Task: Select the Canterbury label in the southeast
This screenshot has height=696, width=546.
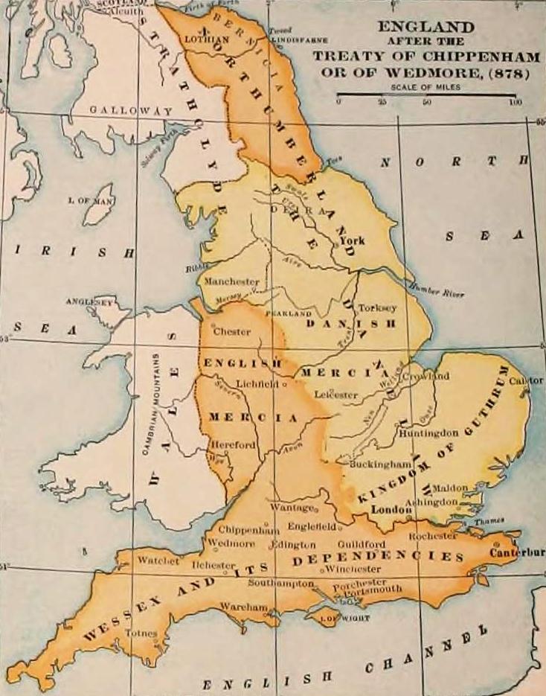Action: [518, 552]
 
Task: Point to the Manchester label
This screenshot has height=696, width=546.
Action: [231, 282]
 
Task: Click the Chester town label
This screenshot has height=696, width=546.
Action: [231, 332]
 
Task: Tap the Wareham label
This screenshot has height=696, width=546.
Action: [243, 607]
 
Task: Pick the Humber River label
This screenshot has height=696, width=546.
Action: [439, 292]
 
